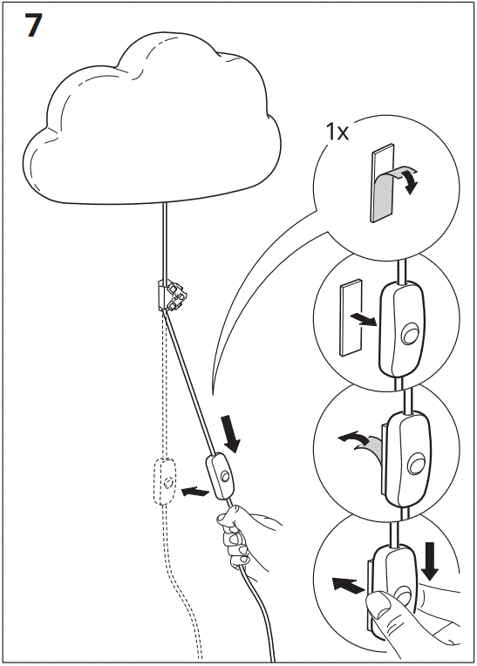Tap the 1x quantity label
(337, 133)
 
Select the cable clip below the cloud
(172, 296)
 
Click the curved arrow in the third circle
(360, 440)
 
